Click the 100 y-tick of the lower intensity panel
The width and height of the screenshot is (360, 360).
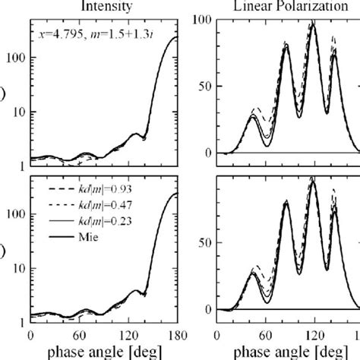tap(15, 215)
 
